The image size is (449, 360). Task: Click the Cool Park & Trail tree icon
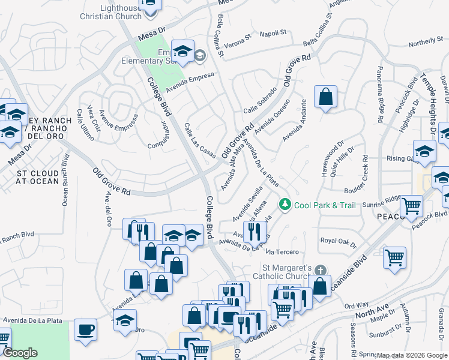click(x=285, y=205)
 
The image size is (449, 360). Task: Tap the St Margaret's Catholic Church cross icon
click(x=321, y=270)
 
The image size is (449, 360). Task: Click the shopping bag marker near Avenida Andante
click(x=325, y=97)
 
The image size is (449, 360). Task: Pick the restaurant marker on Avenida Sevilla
click(x=255, y=230)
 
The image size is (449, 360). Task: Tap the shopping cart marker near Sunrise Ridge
click(x=412, y=206)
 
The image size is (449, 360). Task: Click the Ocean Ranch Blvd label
click(x=65, y=180)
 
